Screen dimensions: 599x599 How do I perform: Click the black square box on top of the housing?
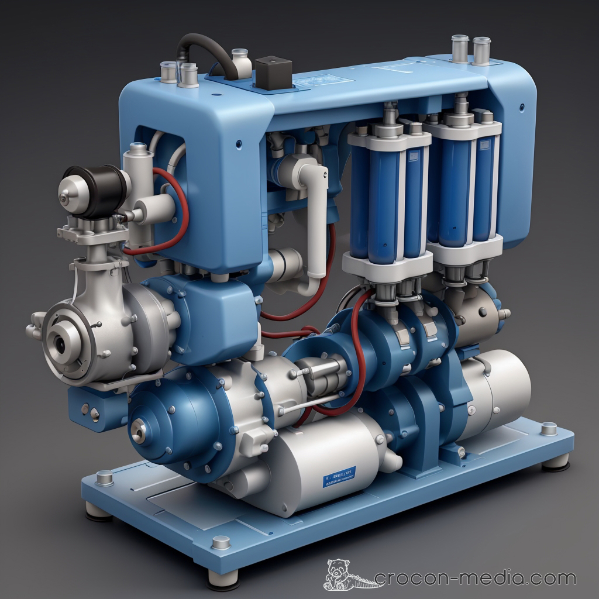pos(273,72)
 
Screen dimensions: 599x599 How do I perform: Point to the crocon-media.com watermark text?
pos(474,579)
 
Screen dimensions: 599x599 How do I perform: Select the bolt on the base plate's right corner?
pos(548,428)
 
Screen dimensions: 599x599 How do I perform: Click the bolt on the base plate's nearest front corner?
pos(221,542)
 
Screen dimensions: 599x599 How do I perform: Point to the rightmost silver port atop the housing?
pos(481,49)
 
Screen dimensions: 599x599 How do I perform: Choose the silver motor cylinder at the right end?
pos(497,386)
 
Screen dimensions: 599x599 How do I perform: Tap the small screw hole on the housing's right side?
pos(521,107)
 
